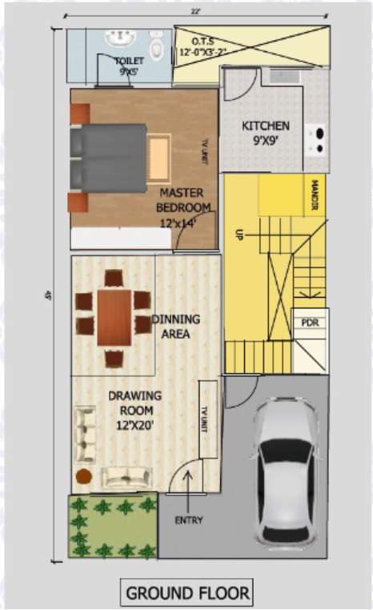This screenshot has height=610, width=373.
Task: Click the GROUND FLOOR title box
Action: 186,593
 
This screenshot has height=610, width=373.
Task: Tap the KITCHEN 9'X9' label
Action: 266,131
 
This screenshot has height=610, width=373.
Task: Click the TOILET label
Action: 128,65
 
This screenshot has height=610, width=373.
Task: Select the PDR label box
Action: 310,323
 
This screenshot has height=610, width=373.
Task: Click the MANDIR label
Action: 313,195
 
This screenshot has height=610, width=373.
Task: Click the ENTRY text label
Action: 189,520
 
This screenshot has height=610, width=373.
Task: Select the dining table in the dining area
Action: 114,317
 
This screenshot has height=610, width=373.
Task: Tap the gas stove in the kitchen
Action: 319,139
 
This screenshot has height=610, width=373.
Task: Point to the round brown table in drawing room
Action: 84,476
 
